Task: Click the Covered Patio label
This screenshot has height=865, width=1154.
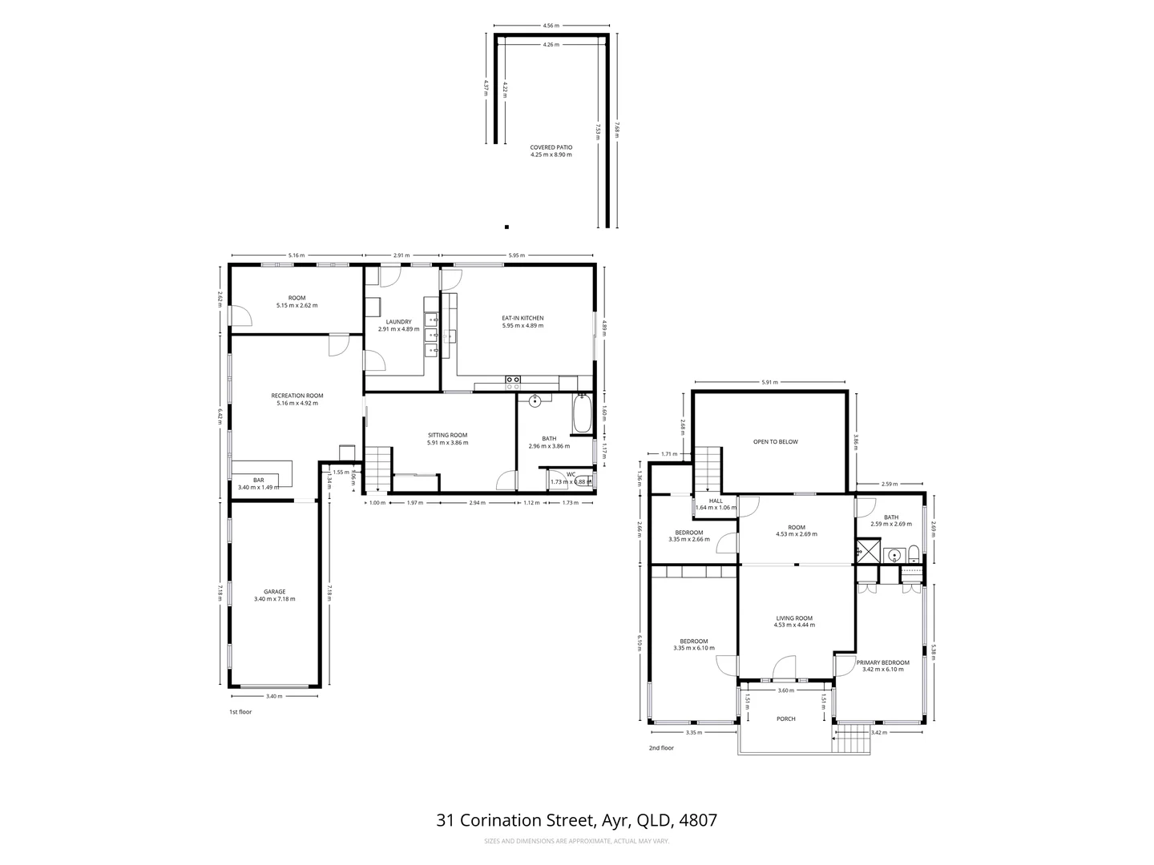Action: [x=551, y=151]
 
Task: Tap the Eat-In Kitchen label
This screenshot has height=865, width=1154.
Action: [x=523, y=321]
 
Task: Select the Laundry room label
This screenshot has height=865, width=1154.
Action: [x=398, y=325]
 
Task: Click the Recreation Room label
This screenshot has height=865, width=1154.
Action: [x=297, y=399]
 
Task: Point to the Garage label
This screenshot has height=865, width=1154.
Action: [x=275, y=595]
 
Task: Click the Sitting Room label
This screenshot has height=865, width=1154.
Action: [x=447, y=438]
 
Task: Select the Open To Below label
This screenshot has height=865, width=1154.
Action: [x=775, y=441]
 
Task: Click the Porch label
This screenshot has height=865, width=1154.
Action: [x=786, y=718]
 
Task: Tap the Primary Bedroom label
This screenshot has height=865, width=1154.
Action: [x=882, y=666]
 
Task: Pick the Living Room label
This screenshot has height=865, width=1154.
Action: [x=794, y=621]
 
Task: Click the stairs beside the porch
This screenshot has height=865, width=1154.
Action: [x=851, y=738]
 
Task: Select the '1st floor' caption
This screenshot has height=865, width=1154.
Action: [x=240, y=711]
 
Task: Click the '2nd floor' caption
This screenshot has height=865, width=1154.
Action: [x=661, y=748]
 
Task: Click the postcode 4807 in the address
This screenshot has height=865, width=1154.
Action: [x=698, y=820]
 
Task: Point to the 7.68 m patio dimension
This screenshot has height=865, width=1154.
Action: [x=617, y=130]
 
